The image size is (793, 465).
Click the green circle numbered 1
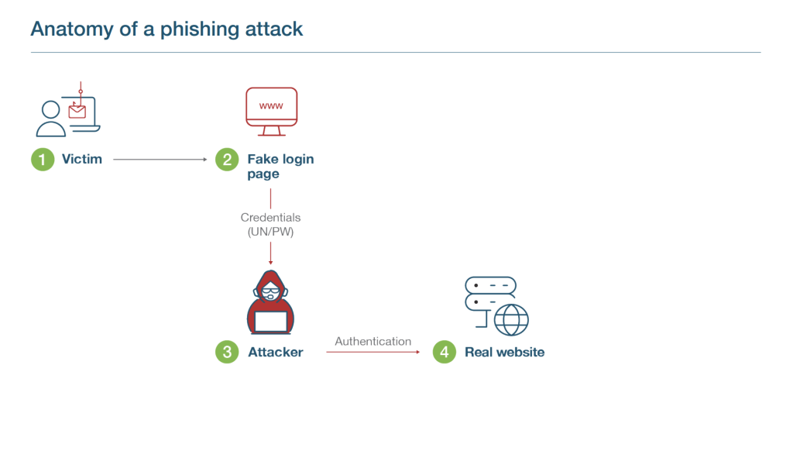42,160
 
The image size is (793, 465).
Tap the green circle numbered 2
227,160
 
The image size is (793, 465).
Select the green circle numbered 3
227,352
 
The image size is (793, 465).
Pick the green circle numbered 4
444,352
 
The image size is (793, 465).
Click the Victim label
82,160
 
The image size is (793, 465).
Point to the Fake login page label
280,167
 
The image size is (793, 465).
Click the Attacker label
276,352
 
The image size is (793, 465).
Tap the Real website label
504,352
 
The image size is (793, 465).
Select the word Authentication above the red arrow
372,341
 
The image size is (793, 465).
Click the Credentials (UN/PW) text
270,225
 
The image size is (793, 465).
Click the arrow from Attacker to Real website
372,353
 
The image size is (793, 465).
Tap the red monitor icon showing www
270,106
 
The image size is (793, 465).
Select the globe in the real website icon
511,319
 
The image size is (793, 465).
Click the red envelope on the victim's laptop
77,112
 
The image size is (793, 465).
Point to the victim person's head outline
51,108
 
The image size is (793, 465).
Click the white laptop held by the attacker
270,322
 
